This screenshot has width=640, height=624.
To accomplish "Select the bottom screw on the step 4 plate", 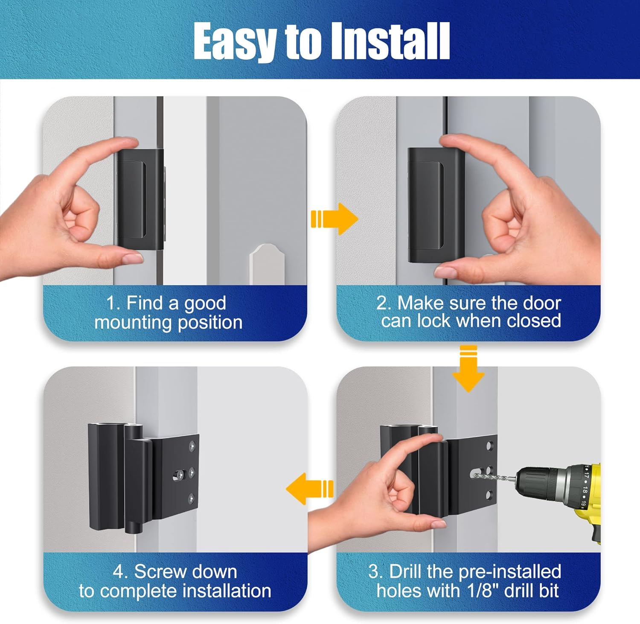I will coord(192,498).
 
